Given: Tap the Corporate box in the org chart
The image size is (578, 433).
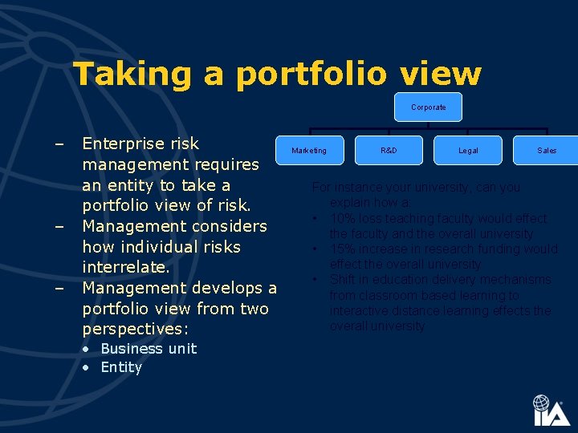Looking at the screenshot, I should click(428, 107).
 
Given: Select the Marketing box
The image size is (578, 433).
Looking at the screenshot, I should click(309, 150).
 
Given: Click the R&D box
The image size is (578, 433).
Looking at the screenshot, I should click(389, 150).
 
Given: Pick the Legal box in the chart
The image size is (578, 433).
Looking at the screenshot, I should click(468, 150).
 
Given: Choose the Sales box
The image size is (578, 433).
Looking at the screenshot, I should click(547, 150).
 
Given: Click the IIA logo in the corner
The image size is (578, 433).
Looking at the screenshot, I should click(551, 411).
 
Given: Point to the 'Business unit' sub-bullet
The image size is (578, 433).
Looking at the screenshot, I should click(148, 349).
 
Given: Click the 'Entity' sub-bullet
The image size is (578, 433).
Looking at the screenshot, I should click(120, 367).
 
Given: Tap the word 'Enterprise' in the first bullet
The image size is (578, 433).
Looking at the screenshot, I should click(119, 144).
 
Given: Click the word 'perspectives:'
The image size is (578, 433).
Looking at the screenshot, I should click(135, 329).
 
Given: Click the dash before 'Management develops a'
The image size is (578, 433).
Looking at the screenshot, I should click(59, 288).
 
